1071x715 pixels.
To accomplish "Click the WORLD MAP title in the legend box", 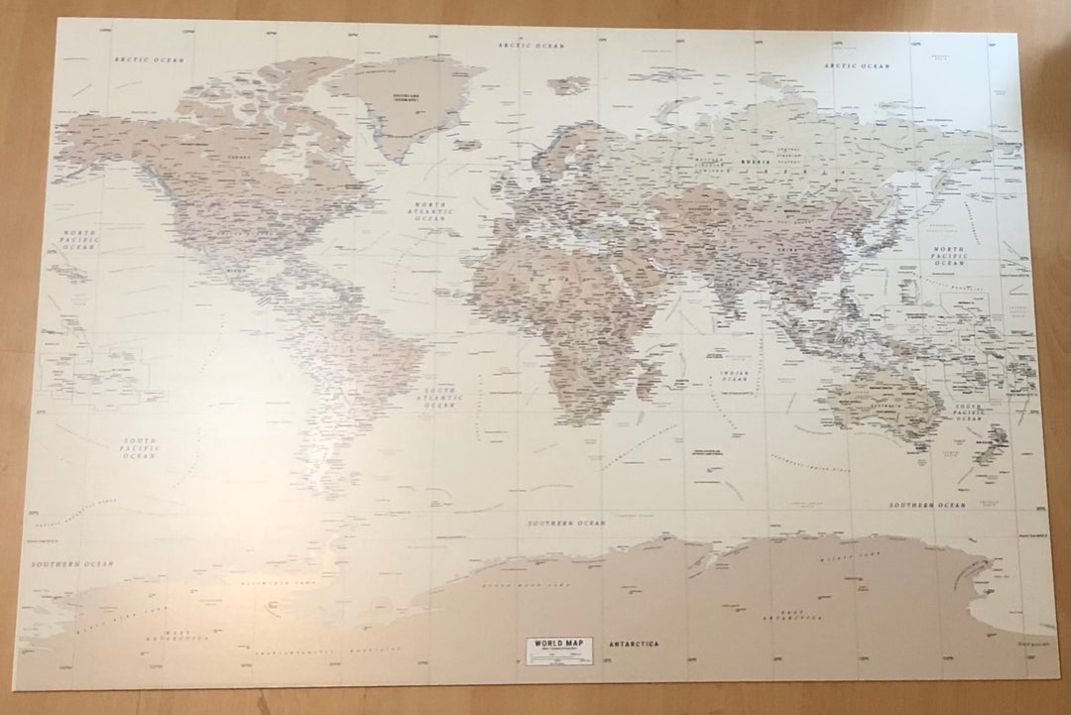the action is click(x=553, y=644).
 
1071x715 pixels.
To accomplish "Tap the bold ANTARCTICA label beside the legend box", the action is click(x=635, y=645).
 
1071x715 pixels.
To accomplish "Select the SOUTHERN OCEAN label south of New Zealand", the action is click(x=926, y=505).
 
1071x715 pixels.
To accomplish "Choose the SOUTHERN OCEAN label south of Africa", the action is click(x=566, y=523).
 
